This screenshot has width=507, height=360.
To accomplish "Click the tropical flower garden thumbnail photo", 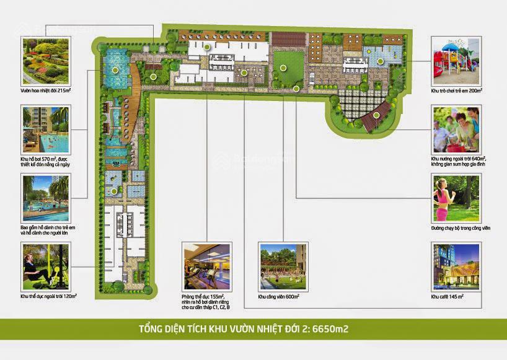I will click(x=46, y=61).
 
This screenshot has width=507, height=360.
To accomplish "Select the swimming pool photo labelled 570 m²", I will click(x=46, y=130).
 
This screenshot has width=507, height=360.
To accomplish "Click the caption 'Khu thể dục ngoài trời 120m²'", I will click(x=48, y=297).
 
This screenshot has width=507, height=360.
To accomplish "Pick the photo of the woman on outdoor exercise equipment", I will click(x=46, y=266).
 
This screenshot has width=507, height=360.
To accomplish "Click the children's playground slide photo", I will click(x=456, y=61).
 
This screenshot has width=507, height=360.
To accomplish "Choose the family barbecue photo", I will click(x=456, y=130).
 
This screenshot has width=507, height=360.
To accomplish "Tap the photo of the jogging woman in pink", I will click(x=456, y=198).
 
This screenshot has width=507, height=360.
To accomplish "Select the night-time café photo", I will click(x=456, y=266).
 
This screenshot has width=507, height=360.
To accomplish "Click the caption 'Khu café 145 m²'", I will click(x=447, y=297).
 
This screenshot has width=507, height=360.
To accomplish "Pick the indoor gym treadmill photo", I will click(x=206, y=266).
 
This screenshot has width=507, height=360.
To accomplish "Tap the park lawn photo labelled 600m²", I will click(x=282, y=266).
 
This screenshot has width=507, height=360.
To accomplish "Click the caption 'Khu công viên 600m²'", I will click(x=279, y=297).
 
